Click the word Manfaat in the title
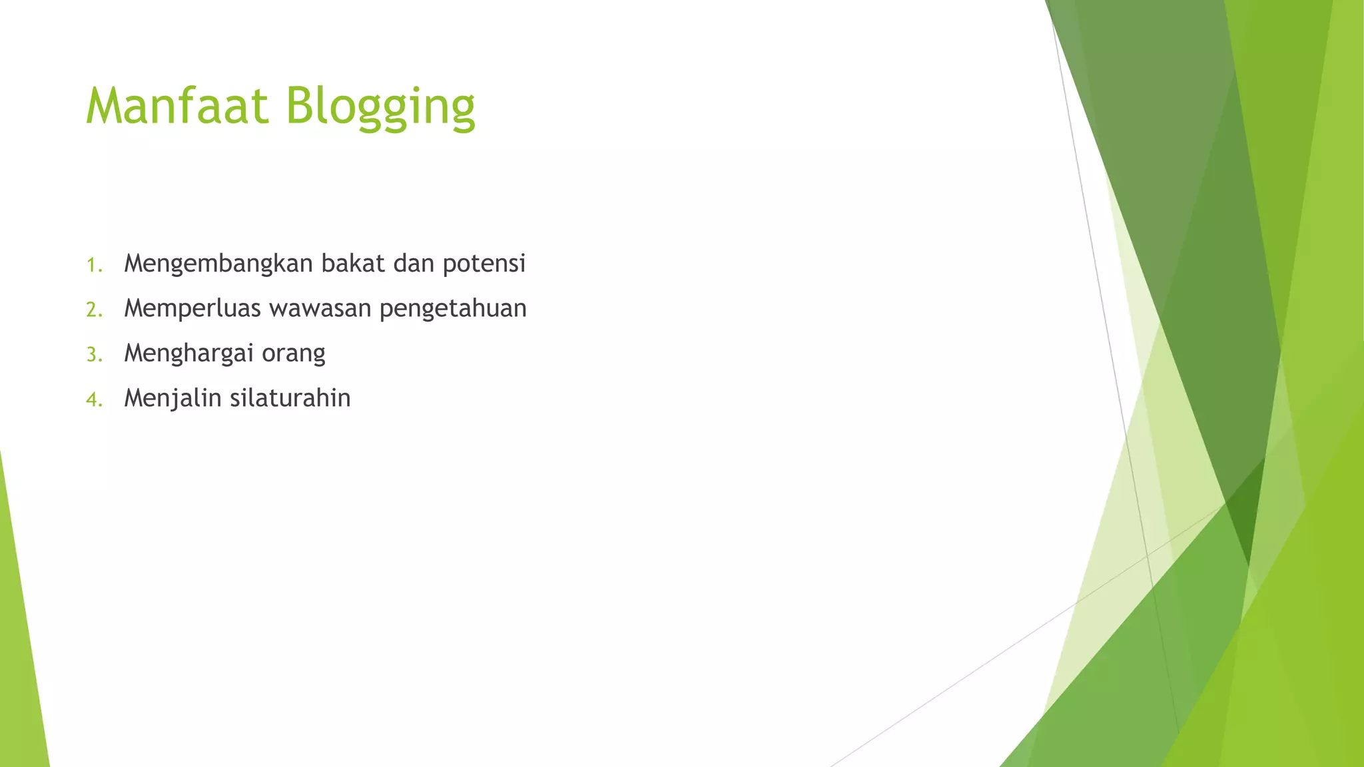[176, 106]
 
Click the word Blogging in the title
[380, 107]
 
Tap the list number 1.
[93, 266]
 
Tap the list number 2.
[94, 310]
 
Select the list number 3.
[94, 355]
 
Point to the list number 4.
[94, 399]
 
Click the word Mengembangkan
[218, 264]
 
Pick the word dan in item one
[414, 264]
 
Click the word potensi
[484, 264]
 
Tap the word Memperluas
[192, 309]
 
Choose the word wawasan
[320, 309]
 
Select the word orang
[293, 354]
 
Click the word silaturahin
[290, 398]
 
